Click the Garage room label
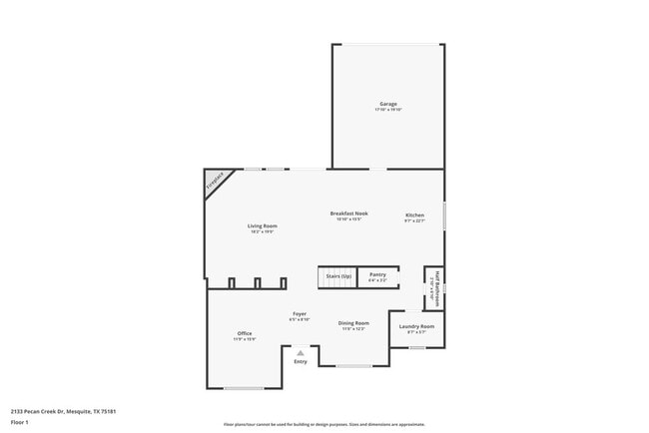click(x=388, y=104)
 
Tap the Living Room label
click(x=263, y=226)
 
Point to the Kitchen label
click(x=414, y=216)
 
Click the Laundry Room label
click(x=416, y=326)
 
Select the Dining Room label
click(x=353, y=323)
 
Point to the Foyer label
click(x=299, y=313)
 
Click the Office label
click(x=245, y=333)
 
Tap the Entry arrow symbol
click(x=300, y=352)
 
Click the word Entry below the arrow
click(x=300, y=361)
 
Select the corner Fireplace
click(x=215, y=181)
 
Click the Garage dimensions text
click(x=388, y=110)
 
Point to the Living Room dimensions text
click(x=263, y=232)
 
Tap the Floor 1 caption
click(x=21, y=422)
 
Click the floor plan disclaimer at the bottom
click(x=324, y=423)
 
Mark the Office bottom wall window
click(x=244, y=388)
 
